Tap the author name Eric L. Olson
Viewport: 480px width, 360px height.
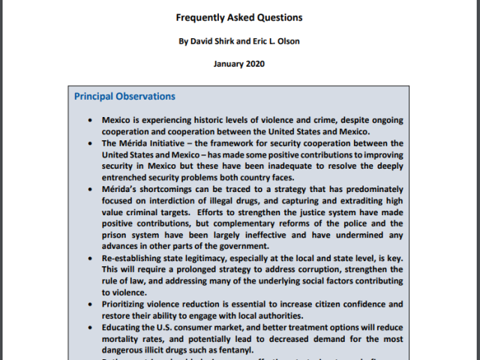coord(274,41)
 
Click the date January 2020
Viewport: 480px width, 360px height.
coord(239,64)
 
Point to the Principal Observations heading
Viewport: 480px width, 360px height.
coord(124,97)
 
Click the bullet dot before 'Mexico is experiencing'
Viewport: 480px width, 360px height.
coord(91,120)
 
